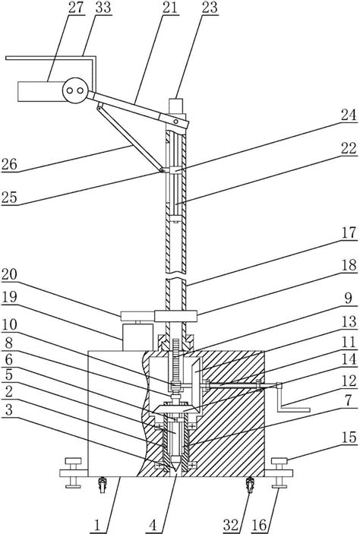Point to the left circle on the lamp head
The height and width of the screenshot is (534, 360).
pyautogui.click(x=71, y=90)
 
